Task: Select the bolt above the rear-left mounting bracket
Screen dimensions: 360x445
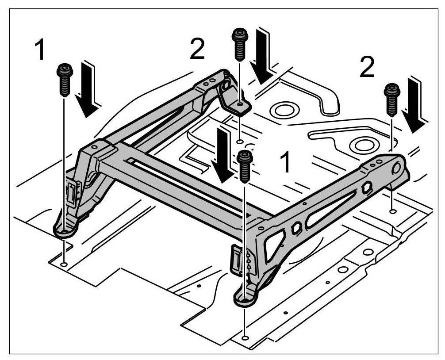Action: [239, 45]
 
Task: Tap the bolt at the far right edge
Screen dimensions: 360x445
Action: [391, 100]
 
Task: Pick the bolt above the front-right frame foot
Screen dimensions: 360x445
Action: [245, 166]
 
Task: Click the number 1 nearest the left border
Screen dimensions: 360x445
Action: [40, 50]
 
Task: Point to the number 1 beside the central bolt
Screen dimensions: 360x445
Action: [286, 162]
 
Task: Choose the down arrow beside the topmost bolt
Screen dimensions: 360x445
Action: [264, 56]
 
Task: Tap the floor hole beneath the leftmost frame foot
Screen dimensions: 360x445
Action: [64, 264]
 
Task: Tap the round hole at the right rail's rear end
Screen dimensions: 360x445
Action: [397, 168]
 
